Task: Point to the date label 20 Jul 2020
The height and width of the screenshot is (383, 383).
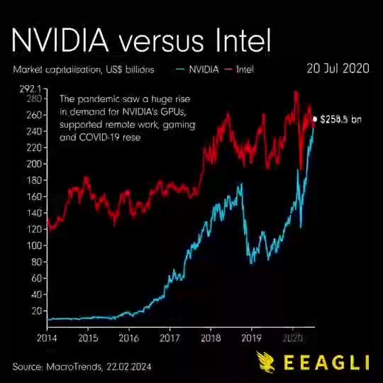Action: click(338, 68)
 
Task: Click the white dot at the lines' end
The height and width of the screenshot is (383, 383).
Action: click(315, 118)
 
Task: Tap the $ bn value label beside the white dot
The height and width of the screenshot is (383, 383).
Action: click(341, 119)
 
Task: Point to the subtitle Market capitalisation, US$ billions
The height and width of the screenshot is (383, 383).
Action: click(84, 70)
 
